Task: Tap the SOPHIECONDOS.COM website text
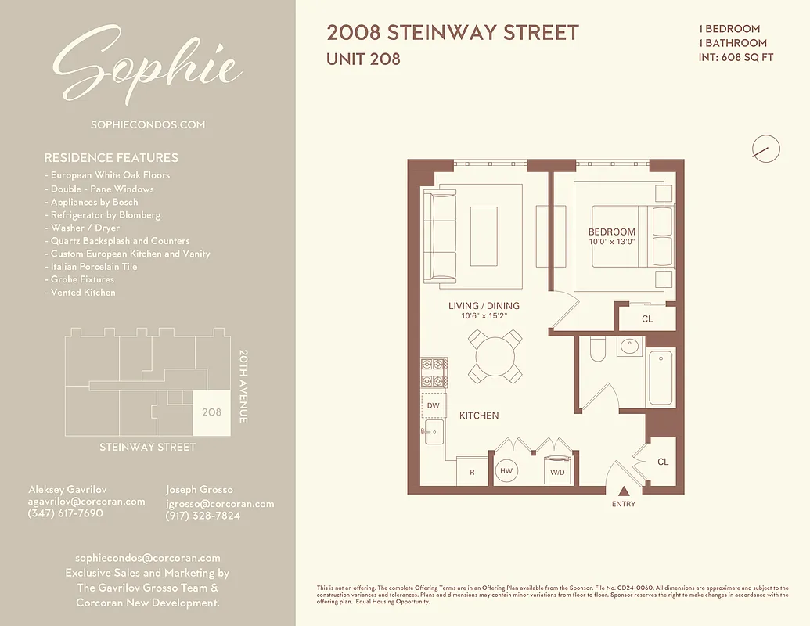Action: point(147,124)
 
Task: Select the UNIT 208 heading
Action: point(363,59)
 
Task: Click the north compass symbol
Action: point(765,148)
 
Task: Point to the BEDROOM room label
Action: point(611,232)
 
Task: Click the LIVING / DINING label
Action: point(484,306)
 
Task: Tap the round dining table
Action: point(495,356)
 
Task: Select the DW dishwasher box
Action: point(433,405)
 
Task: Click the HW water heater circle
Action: point(506,472)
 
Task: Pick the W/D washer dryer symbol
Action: point(558,471)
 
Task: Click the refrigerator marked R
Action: point(472,473)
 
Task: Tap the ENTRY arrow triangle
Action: point(624,491)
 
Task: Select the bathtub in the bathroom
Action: point(660,378)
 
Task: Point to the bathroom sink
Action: point(628,346)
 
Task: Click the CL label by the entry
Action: point(663,462)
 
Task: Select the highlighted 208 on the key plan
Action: point(211,412)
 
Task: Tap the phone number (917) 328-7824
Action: point(203,516)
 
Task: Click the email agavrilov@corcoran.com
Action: point(86,502)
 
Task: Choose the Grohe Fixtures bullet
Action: point(82,279)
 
